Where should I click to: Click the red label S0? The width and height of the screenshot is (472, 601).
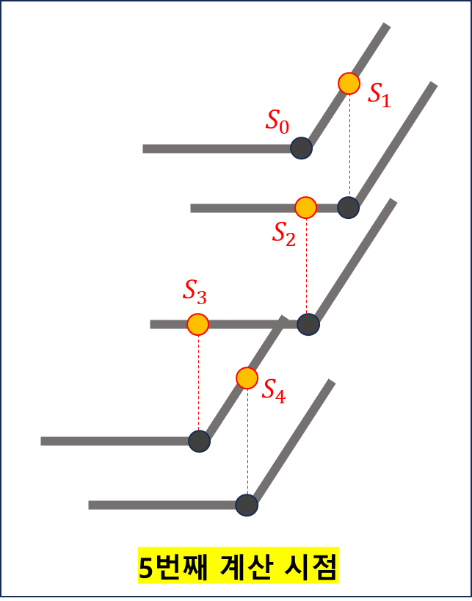[277, 121]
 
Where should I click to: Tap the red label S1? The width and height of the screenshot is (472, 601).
[380, 95]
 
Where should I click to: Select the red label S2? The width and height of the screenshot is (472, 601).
[284, 233]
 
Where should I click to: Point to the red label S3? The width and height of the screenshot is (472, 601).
[195, 292]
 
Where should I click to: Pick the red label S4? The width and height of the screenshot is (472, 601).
[274, 391]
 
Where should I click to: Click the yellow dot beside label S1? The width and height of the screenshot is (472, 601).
[349, 83]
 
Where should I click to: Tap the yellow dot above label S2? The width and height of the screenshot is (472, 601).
[306, 208]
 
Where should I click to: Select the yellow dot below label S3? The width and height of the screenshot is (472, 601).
[197, 324]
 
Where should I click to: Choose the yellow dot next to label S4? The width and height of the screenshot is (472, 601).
[247, 378]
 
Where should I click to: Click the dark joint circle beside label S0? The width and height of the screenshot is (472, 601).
[301, 148]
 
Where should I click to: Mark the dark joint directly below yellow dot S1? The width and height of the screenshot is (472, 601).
[349, 207]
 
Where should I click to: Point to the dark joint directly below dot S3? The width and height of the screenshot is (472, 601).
[199, 441]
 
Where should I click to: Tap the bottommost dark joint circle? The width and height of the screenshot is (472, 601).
[247, 505]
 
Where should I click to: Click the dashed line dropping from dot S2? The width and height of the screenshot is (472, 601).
[307, 264]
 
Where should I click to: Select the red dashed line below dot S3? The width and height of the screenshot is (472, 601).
[198, 382]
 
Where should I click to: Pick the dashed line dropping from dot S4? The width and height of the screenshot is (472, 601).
[247, 441]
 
